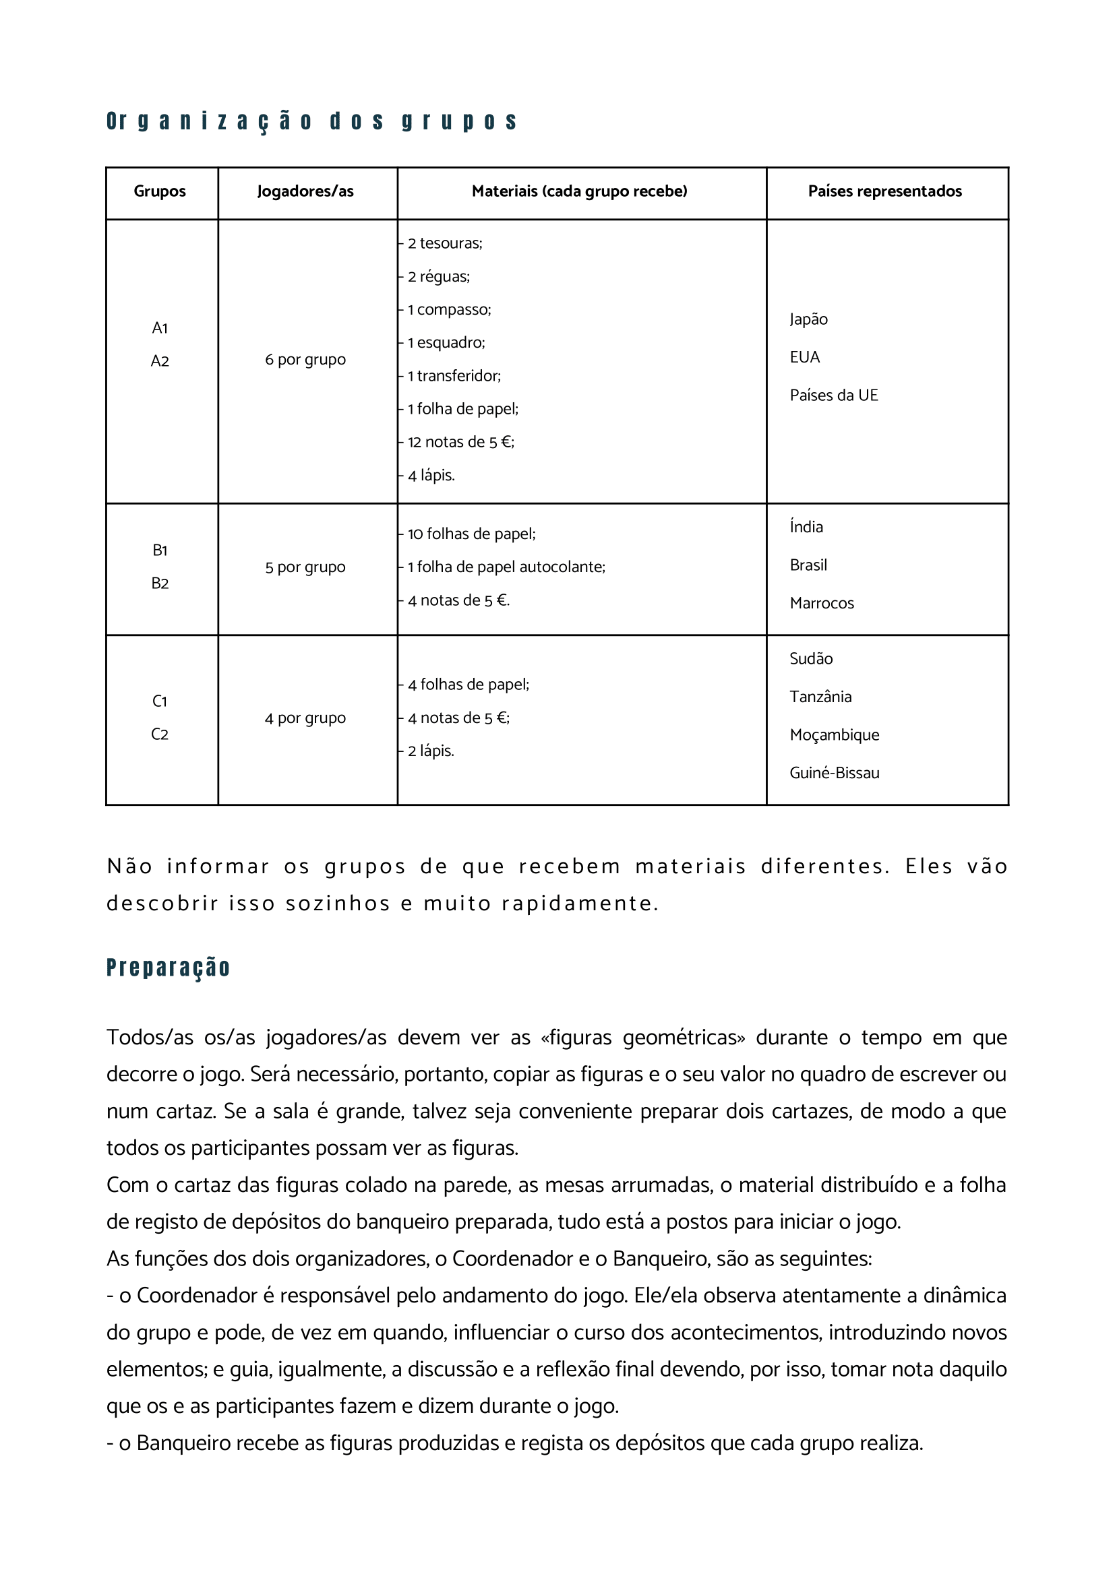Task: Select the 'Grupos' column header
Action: (x=159, y=191)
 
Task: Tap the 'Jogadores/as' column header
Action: (x=305, y=191)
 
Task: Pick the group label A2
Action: (x=159, y=361)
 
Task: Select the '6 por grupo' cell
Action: (x=305, y=360)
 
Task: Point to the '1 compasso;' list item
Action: (x=449, y=309)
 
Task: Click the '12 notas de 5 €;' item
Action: (x=460, y=442)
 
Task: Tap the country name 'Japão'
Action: (x=808, y=319)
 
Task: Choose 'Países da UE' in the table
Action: (x=833, y=396)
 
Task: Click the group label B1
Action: (x=159, y=550)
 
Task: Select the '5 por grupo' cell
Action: (x=305, y=567)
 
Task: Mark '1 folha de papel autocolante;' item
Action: (x=506, y=567)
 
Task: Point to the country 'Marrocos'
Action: (x=821, y=603)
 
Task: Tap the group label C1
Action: (x=159, y=701)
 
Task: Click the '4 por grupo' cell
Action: (x=305, y=719)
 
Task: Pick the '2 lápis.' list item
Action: (x=431, y=751)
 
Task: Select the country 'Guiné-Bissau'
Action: (x=834, y=773)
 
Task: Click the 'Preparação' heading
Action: (x=169, y=967)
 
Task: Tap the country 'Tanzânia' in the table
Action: (x=820, y=697)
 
